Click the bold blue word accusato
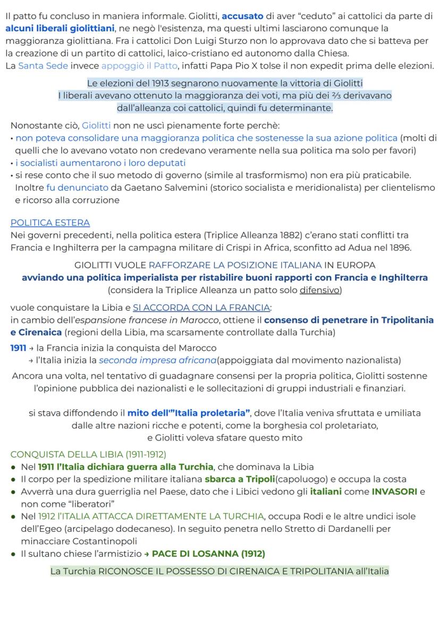(240, 16)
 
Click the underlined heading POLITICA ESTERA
(50, 223)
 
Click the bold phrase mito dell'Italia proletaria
(190, 413)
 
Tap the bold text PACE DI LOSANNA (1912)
(208, 554)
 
